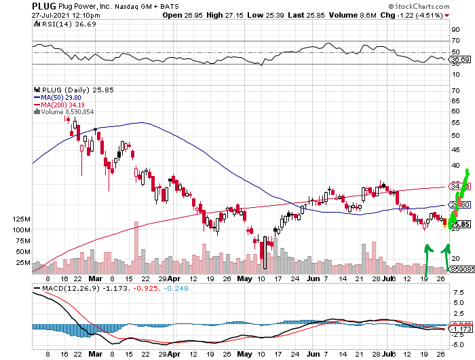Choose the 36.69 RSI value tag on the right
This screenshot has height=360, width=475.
coord(461,60)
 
